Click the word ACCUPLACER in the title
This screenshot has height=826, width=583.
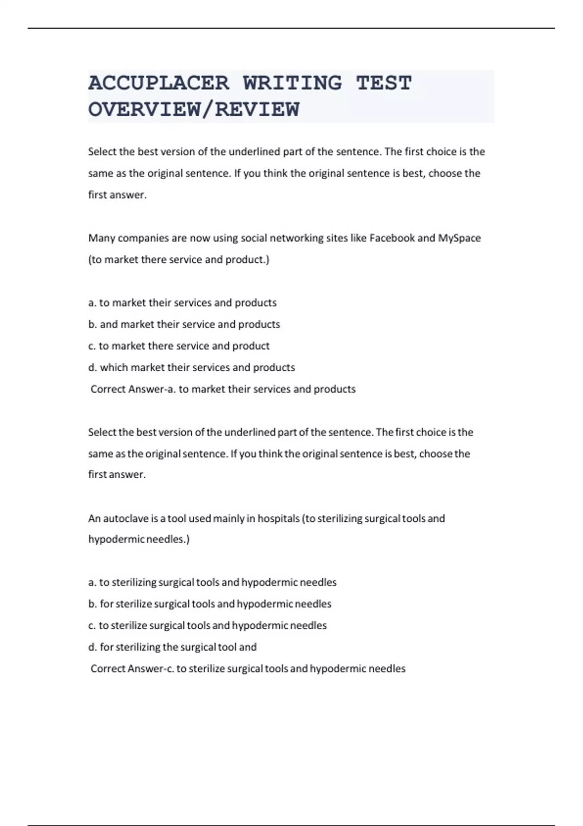(158, 83)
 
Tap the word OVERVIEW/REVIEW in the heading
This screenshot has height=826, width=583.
(193, 109)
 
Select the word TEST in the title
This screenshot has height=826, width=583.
(384, 83)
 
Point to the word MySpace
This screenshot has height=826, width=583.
(459, 238)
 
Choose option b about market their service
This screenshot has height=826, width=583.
(184, 324)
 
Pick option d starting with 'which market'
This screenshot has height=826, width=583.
(191, 367)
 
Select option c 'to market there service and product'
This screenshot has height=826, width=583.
(179, 346)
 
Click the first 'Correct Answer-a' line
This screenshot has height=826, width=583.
(223, 389)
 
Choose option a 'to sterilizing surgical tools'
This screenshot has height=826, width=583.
(212, 582)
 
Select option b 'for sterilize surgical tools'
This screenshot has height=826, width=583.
(210, 604)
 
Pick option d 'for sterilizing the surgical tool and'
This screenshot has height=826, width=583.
(172, 647)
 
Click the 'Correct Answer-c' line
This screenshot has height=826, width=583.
(248, 669)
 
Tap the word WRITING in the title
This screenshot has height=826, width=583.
(292, 83)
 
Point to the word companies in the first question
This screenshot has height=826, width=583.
(143, 238)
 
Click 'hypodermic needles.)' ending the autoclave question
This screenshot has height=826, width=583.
(139, 539)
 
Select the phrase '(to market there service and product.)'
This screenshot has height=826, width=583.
(178, 259)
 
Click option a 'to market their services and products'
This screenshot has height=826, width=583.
(182, 303)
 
